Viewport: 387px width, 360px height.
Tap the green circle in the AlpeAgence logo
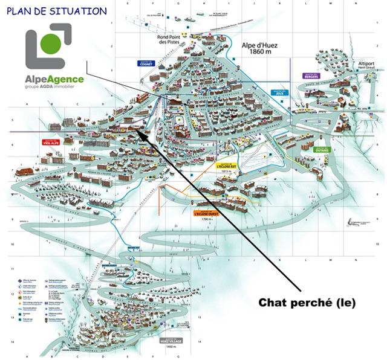pyautogui.click(x=51, y=43)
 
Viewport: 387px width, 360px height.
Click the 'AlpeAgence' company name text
pyautogui.click(x=54, y=79)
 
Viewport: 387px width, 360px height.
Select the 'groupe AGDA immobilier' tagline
pyautogui.click(x=54, y=87)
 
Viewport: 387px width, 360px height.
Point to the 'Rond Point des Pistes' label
pyautogui.click(x=169, y=39)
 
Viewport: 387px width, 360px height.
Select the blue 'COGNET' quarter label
pyautogui.click(x=146, y=63)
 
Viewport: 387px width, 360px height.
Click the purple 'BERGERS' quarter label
pyautogui.click(x=311, y=76)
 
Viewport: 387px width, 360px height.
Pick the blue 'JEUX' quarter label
pyautogui.click(x=279, y=94)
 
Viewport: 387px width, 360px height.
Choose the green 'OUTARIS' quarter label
pyautogui.click(x=323, y=150)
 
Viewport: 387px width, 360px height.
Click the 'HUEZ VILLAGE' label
pyautogui.click(x=184, y=342)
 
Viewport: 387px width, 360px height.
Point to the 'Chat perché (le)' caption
pyautogui.click(x=307, y=302)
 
